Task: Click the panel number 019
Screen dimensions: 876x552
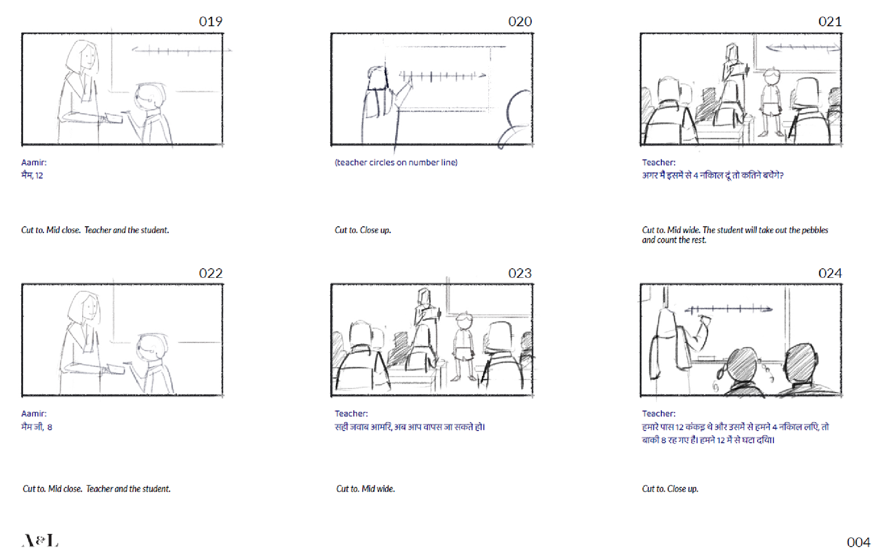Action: click(x=211, y=21)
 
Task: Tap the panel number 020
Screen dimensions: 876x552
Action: click(x=520, y=21)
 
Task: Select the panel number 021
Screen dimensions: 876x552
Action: click(x=830, y=21)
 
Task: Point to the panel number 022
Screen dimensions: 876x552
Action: click(x=211, y=273)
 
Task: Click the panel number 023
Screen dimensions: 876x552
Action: click(x=520, y=273)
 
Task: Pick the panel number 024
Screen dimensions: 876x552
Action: click(x=830, y=273)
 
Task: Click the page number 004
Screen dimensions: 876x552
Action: click(x=859, y=542)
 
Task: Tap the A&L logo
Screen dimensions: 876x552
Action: click(x=40, y=541)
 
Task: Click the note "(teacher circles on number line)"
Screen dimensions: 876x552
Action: click(x=396, y=162)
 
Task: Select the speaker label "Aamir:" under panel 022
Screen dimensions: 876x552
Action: click(x=34, y=414)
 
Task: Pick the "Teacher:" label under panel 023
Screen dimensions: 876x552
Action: click(x=351, y=414)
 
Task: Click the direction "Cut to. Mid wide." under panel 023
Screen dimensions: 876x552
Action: click(x=365, y=489)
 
